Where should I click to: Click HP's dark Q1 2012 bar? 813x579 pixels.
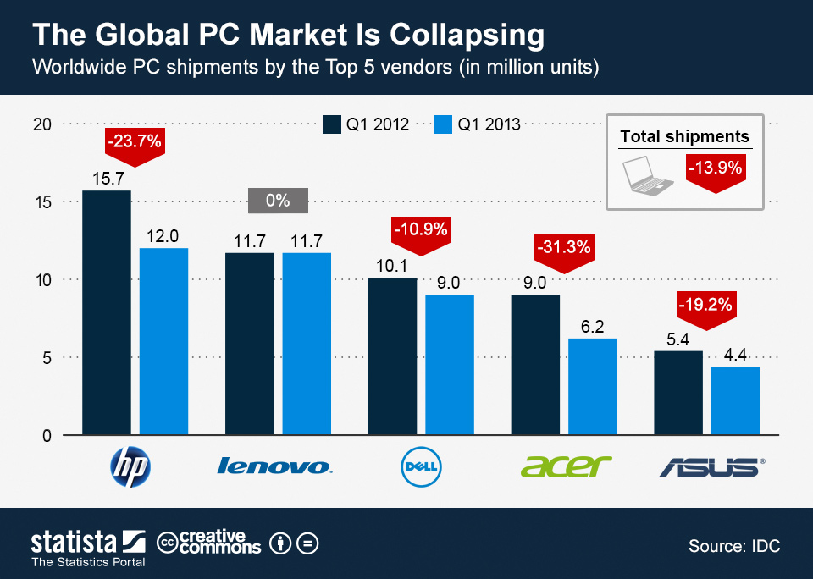(x=107, y=313)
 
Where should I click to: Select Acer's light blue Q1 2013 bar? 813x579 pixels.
(x=592, y=387)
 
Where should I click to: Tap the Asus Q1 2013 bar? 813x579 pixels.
(x=735, y=401)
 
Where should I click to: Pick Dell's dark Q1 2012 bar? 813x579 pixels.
(x=392, y=356)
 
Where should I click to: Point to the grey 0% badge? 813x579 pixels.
(x=278, y=201)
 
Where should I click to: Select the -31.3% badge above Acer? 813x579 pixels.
(x=563, y=248)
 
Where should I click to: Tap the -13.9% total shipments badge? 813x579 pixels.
(x=716, y=169)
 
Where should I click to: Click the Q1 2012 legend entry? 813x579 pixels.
(x=366, y=124)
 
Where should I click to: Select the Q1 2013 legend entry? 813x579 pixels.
(x=477, y=124)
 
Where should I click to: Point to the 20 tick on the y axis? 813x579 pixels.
(x=43, y=124)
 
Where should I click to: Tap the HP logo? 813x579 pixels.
(x=131, y=466)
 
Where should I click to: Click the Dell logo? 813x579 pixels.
(x=421, y=466)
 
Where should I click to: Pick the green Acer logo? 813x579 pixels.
(x=565, y=465)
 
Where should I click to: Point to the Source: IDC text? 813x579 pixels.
(x=734, y=545)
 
